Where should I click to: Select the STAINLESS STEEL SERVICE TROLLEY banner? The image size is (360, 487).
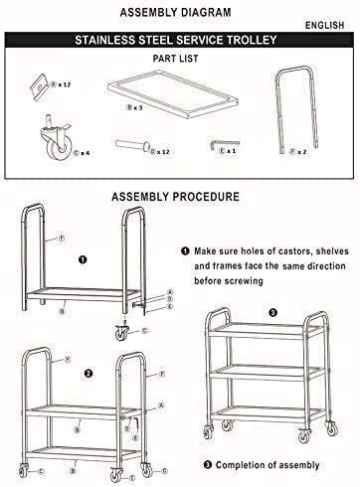tap(179, 43)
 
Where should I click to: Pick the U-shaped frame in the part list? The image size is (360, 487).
tap(292, 112)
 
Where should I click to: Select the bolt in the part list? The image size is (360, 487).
tap(132, 147)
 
